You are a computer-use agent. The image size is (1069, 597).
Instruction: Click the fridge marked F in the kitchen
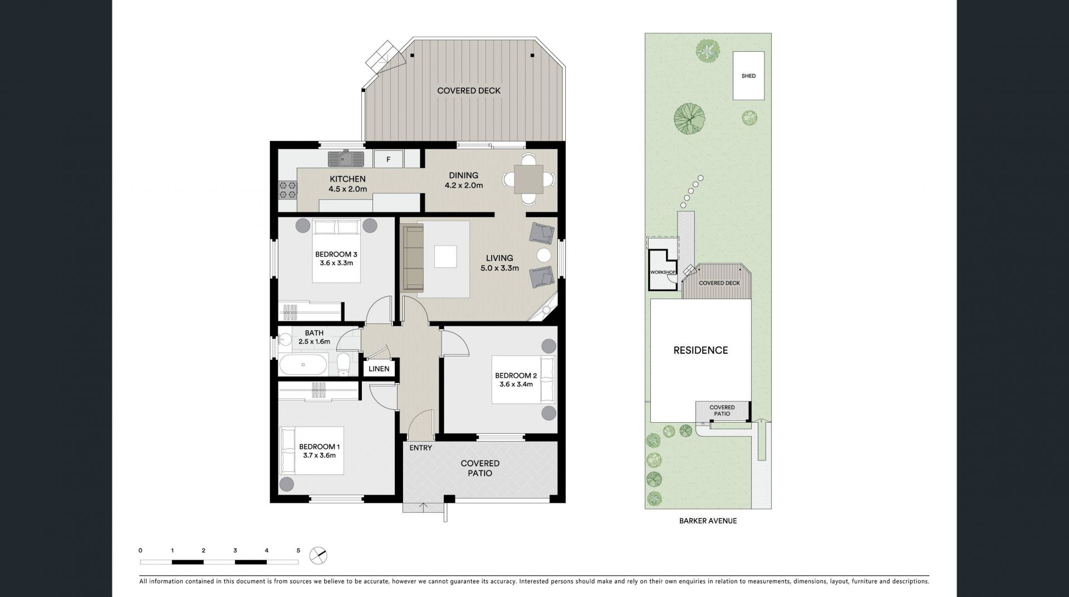click(389, 159)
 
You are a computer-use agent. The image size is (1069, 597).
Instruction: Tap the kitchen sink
click(346, 159)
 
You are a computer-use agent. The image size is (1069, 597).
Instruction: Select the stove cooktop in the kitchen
click(288, 190)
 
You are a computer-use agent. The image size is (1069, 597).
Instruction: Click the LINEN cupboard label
click(379, 369)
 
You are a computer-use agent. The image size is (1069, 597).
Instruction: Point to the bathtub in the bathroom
click(303, 365)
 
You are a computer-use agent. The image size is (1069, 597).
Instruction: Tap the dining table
click(528, 179)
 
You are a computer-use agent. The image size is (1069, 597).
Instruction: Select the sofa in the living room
click(413, 257)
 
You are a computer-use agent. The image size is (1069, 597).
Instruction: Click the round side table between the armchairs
click(544, 255)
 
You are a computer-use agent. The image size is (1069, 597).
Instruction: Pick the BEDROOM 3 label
click(336, 255)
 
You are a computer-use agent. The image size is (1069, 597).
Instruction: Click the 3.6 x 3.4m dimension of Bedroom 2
click(516, 384)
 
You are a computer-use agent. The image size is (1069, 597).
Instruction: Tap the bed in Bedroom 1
click(312, 451)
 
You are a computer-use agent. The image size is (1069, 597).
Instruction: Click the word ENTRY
click(420, 448)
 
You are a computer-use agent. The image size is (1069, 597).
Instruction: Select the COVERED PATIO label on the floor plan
click(480, 468)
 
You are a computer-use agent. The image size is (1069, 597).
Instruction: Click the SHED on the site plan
click(748, 76)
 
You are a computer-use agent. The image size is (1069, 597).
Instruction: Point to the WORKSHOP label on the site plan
click(663, 272)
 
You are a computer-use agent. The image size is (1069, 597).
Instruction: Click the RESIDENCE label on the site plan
click(700, 350)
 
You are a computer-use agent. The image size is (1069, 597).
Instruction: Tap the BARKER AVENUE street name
click(708, 521)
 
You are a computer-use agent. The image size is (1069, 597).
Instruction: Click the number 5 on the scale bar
click(298, 551)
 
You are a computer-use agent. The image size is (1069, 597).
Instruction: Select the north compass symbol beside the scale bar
click(318, 555)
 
